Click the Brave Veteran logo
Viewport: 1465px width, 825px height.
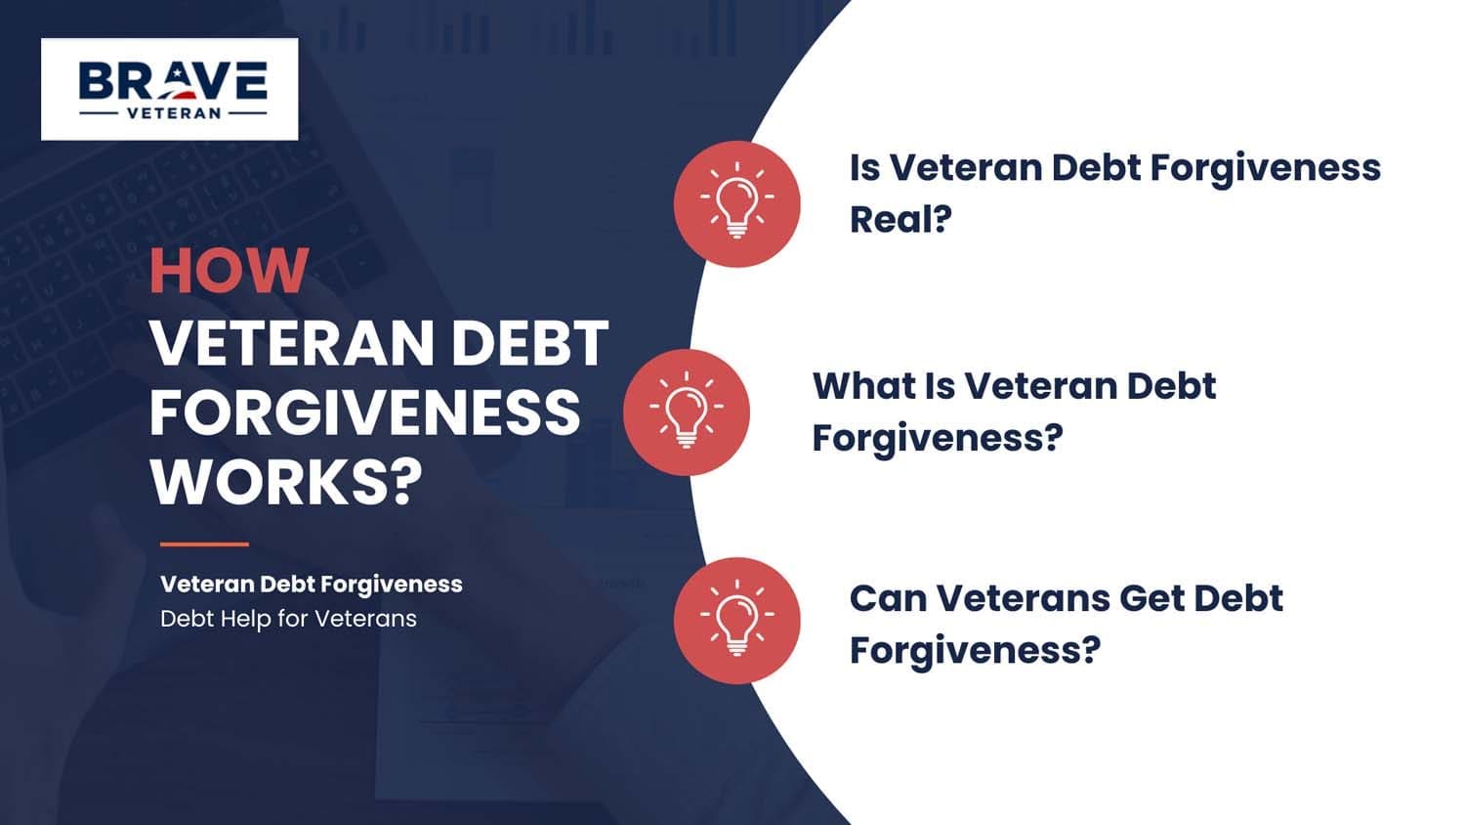169,89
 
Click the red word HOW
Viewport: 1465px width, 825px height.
229,272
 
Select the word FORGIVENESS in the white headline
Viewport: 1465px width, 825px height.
364,412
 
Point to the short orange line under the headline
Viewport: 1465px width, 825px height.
203,543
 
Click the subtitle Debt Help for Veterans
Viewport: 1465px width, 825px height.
288,619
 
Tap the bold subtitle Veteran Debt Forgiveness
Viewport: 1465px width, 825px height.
311,585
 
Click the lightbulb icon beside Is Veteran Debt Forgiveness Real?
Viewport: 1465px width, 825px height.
736,203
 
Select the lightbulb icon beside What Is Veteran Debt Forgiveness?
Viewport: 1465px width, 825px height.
686,412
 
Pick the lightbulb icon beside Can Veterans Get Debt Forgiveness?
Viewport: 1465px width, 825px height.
736,620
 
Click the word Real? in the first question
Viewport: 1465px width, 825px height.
900,219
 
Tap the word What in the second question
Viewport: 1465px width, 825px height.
860,386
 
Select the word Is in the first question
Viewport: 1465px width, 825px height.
864,168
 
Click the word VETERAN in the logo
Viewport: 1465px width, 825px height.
174,113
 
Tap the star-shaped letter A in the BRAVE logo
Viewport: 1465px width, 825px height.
180,81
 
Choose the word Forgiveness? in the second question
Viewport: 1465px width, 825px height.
937,438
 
